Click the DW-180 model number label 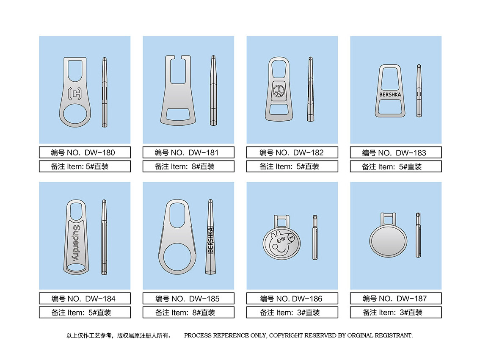[x=85, y=152]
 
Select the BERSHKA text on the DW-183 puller [x=390, y=95]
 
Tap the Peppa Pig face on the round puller [x=282, y=244]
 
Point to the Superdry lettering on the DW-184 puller [x=76, y=243]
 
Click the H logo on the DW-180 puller [x=74, y=94]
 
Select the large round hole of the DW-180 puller [x=75, y=114]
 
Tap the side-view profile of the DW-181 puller [x=213, y=90]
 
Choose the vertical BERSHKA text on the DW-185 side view [x=210, y=241]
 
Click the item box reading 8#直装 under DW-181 [x=189, y=166]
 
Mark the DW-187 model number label [x=396, y=299]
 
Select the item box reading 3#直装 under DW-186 [x=292, y=313]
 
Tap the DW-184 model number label [x=85, y=299]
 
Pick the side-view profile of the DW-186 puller [x=315, y=238]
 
